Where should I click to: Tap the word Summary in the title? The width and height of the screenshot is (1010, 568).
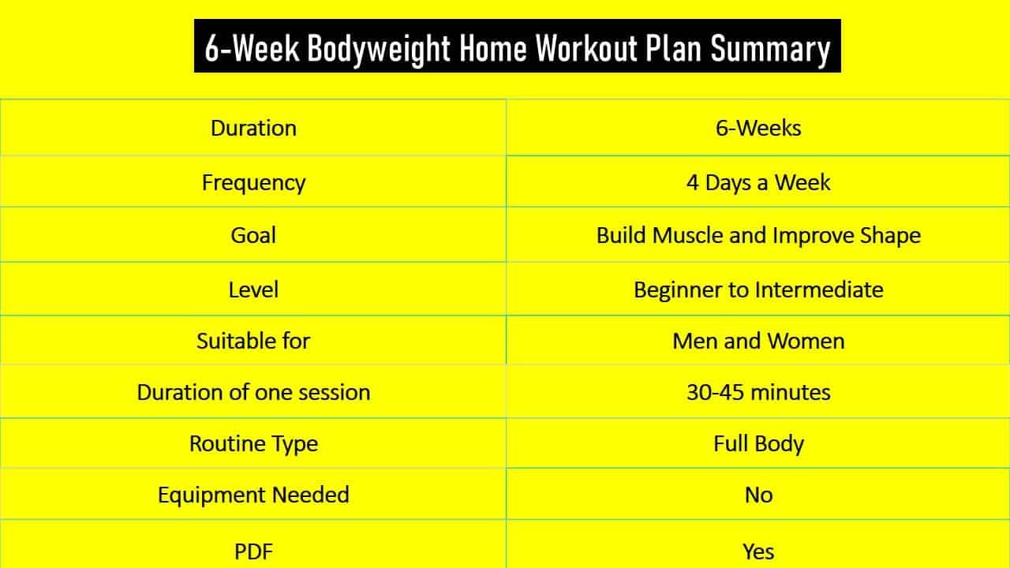(770, 48)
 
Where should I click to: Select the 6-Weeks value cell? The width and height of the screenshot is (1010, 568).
(758, 128)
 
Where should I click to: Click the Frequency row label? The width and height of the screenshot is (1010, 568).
(253, 182)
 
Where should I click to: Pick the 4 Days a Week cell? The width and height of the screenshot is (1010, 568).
(758, 182)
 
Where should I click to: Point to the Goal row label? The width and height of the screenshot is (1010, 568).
(253, 235)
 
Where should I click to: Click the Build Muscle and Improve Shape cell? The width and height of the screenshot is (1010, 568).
(758, 235)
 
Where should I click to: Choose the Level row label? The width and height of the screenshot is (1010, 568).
(253, 290)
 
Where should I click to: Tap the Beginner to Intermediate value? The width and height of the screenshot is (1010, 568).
(758, 290)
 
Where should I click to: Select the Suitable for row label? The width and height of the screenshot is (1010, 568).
(253, 341)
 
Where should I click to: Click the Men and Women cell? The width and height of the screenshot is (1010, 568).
(758, 341)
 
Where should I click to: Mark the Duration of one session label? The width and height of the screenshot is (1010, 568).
(253, 392)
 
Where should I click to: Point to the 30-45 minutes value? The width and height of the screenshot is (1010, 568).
(758, 392)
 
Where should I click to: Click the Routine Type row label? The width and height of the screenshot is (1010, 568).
(253, 443)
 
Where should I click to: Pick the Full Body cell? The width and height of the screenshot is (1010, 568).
(758, 443)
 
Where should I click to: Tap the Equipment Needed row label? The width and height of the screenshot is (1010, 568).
(253, 495)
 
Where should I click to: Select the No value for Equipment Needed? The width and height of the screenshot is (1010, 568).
(758, 495)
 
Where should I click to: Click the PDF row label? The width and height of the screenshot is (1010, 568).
(253, 551)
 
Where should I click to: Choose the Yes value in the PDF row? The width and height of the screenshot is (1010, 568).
(758, 551)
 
